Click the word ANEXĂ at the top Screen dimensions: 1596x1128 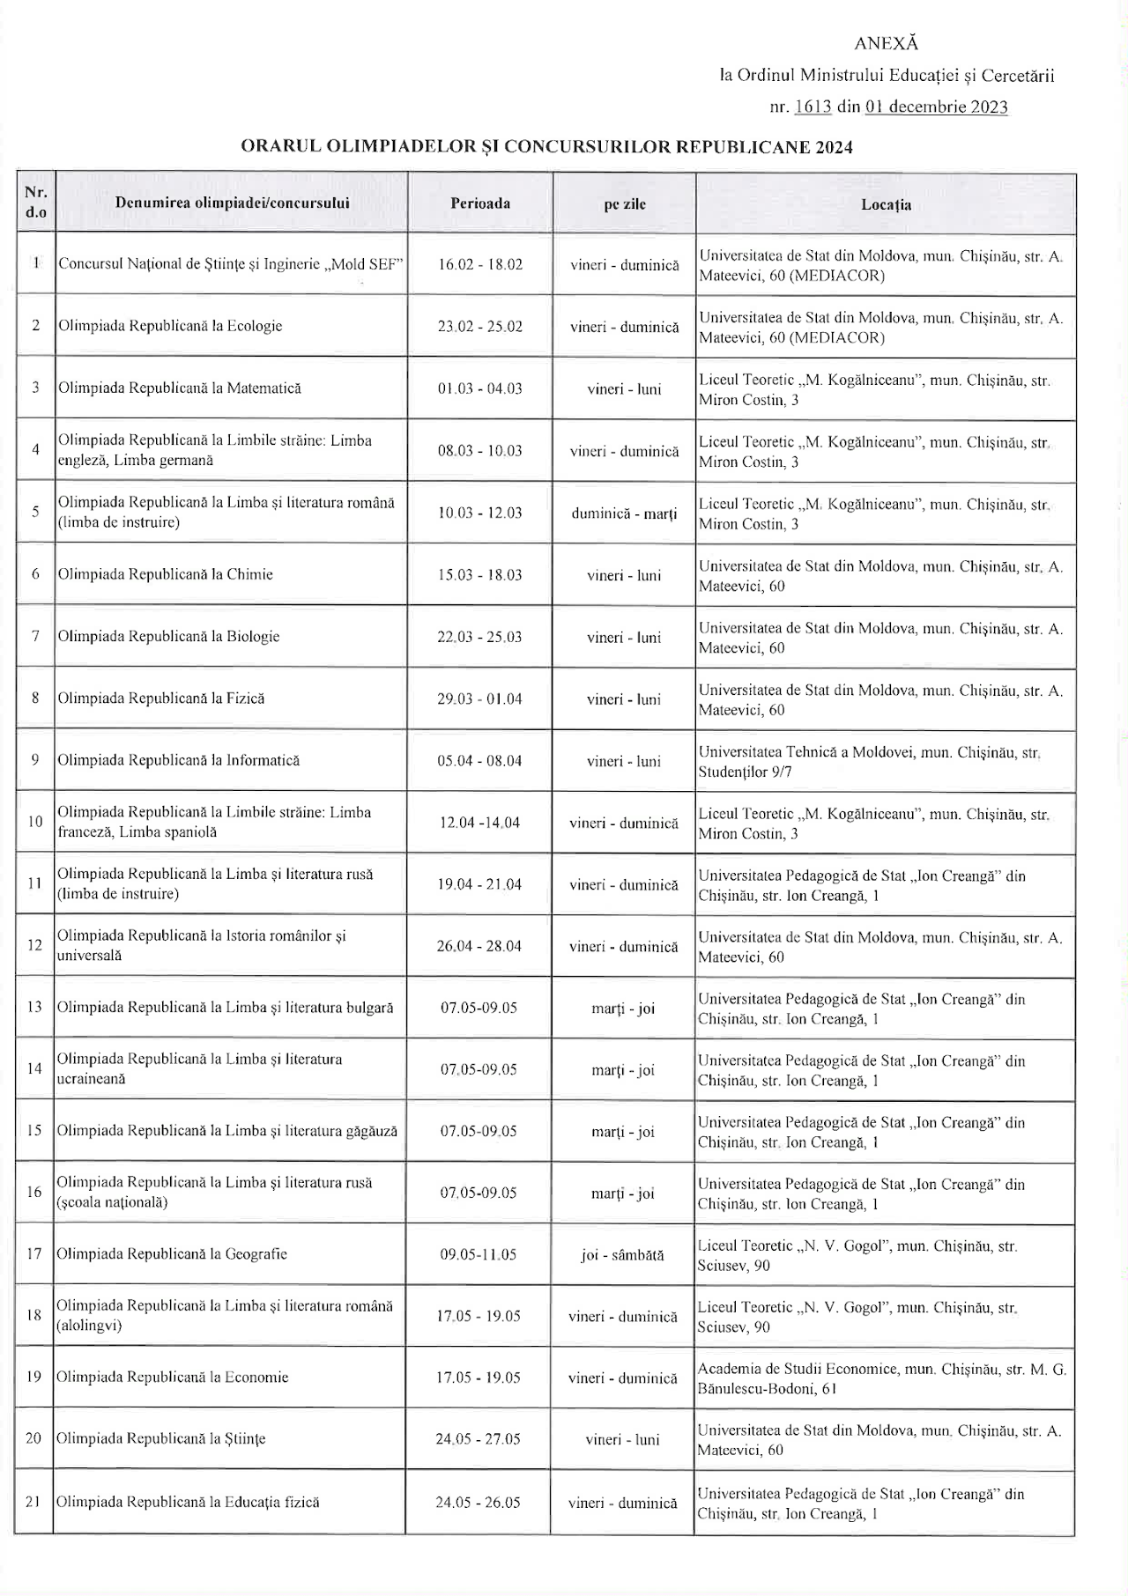(x=886, y=43)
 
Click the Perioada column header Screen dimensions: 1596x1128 (x=480, y=203)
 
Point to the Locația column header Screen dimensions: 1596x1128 (x=886, y=204)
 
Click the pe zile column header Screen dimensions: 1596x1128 (x=624, y=204)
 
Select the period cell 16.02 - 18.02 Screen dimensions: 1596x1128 (x=480, y=264)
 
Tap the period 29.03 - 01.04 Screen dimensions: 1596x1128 (x=479, y=698)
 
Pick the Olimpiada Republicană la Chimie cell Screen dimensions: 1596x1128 (x=166, y=574)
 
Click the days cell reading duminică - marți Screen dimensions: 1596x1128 (x=624, y=513)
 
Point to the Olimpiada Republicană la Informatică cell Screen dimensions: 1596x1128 (x=179, y=760)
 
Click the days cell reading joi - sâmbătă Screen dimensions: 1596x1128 (x=622, y=1255)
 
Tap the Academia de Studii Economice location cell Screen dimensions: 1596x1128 (x=881, y=1378)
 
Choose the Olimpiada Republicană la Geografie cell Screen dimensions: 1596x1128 (x=172, y=1253)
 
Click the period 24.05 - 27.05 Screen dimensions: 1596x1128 (x=478, y=1439)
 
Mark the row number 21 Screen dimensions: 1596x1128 (x=33, y=1502)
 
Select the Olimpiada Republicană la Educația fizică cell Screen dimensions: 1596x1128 (x=188, y=1502)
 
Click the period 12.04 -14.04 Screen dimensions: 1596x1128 (x=479, y=823)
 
